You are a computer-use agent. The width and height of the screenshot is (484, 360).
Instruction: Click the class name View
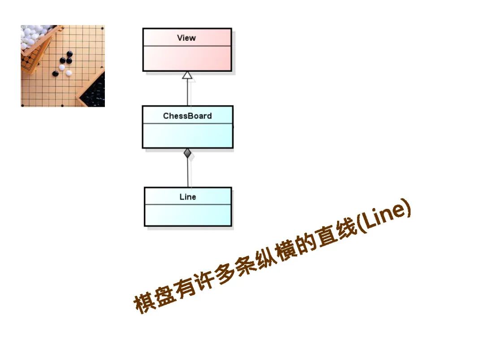(186, 38)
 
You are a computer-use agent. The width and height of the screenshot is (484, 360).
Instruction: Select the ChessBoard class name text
(187, 116)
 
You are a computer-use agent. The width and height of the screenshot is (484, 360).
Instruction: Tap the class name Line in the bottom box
(188, 197)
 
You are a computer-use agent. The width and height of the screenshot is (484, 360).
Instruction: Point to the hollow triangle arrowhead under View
(187, 75)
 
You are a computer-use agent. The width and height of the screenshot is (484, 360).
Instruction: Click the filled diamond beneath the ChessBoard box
(188, 153)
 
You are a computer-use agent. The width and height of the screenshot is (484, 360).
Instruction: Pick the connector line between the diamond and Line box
(188, 173)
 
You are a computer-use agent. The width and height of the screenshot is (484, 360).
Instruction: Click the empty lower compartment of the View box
(187, 58)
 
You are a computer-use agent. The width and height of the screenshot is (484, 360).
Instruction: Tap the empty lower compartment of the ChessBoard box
(187, 135)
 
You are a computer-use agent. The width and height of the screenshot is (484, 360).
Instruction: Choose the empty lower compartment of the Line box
(188, 215)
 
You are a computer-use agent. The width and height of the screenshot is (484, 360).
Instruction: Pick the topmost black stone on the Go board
(69, 54)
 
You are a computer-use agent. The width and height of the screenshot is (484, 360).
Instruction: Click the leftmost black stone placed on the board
(56, 74)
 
